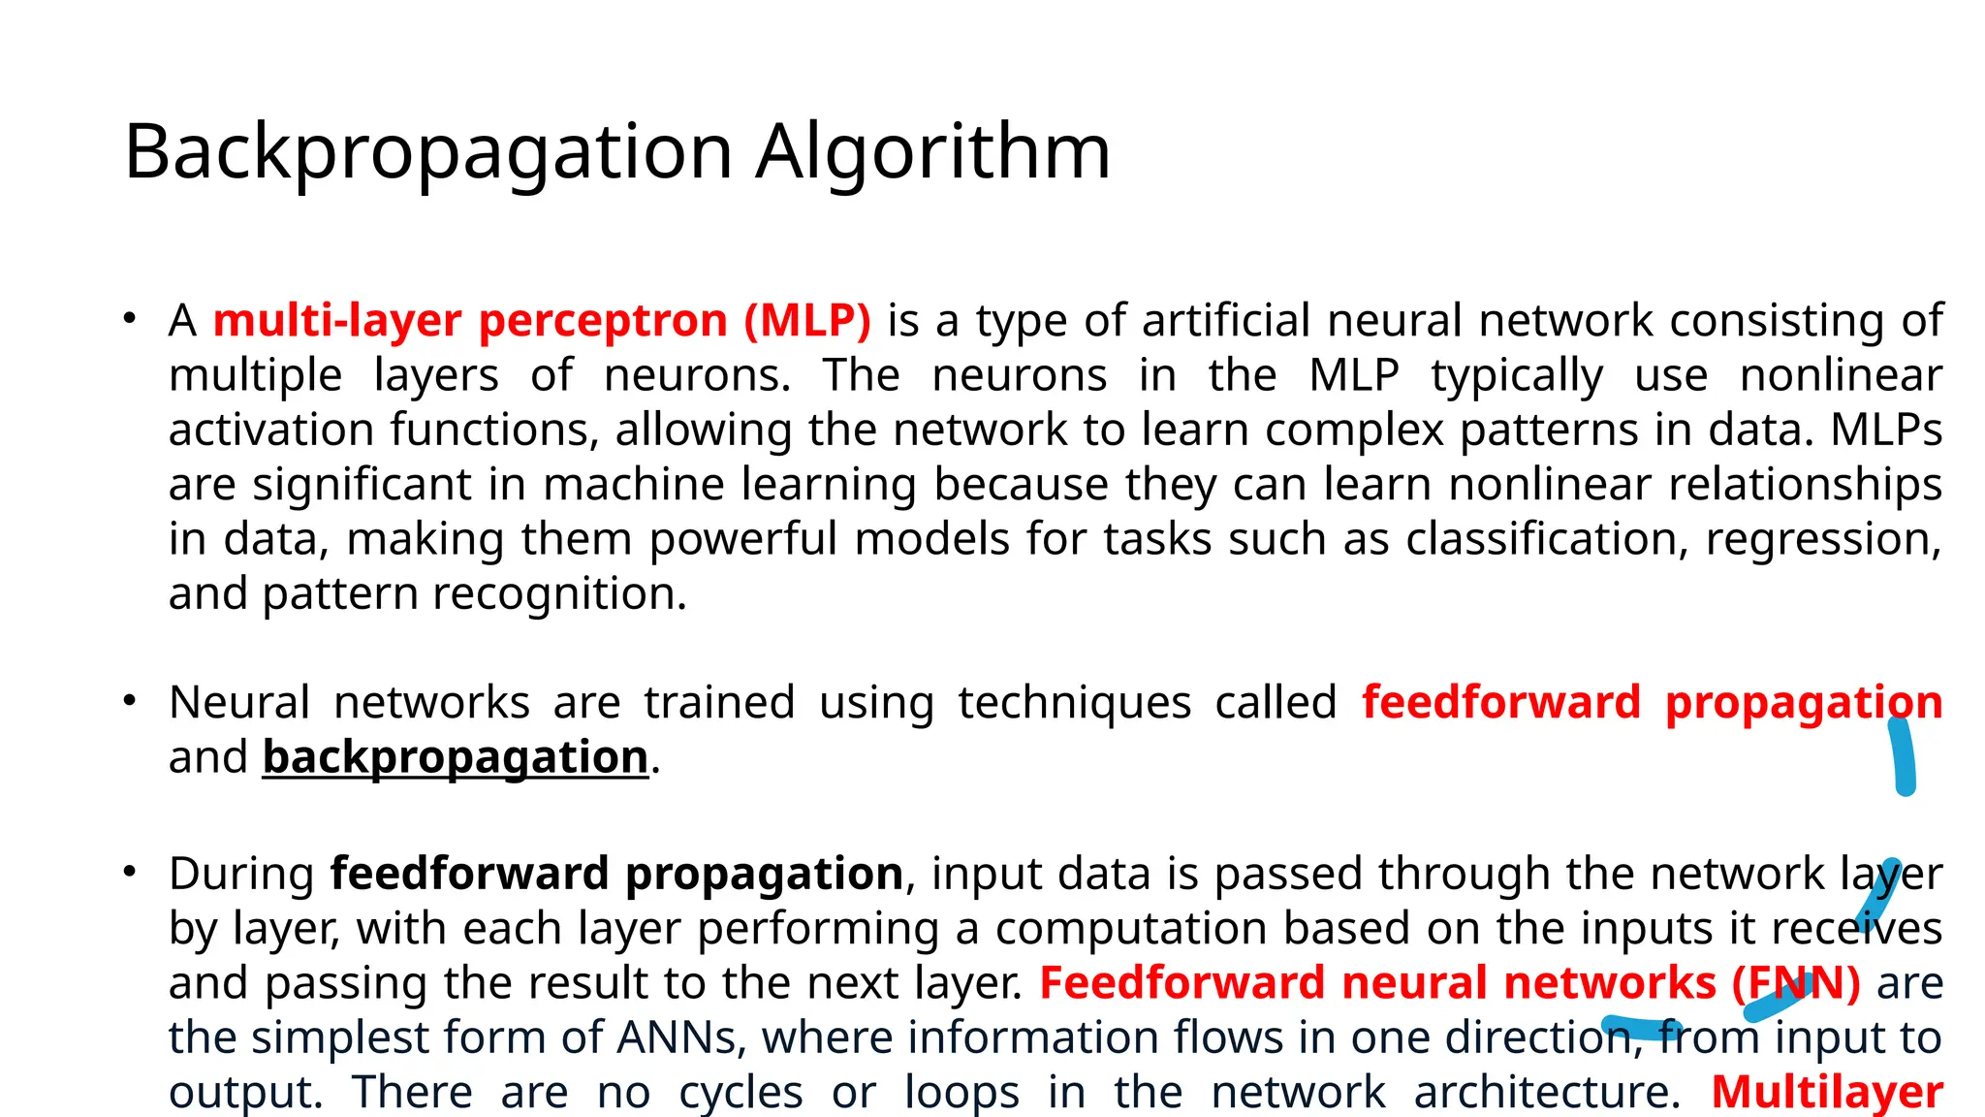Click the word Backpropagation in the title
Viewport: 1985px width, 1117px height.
pos(427,153)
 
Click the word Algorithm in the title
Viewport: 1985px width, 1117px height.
pos(932,153)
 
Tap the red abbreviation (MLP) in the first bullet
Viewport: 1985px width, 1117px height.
pos(807,321)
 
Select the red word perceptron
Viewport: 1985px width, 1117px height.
pos(603,321)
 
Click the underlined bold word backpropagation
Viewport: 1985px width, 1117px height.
pos(456,757)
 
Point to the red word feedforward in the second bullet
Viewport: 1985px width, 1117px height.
pos(1500,702)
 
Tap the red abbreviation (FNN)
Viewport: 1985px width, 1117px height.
pos(1796,983)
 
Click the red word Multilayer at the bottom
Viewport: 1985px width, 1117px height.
pos(1827,1092)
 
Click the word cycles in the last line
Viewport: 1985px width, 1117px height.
pos(740,1092)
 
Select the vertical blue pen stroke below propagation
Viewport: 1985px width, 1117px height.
pos(1903,756)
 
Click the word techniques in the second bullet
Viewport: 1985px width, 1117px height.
pos(1074,702)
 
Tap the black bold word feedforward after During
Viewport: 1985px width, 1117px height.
pos(469,874)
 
